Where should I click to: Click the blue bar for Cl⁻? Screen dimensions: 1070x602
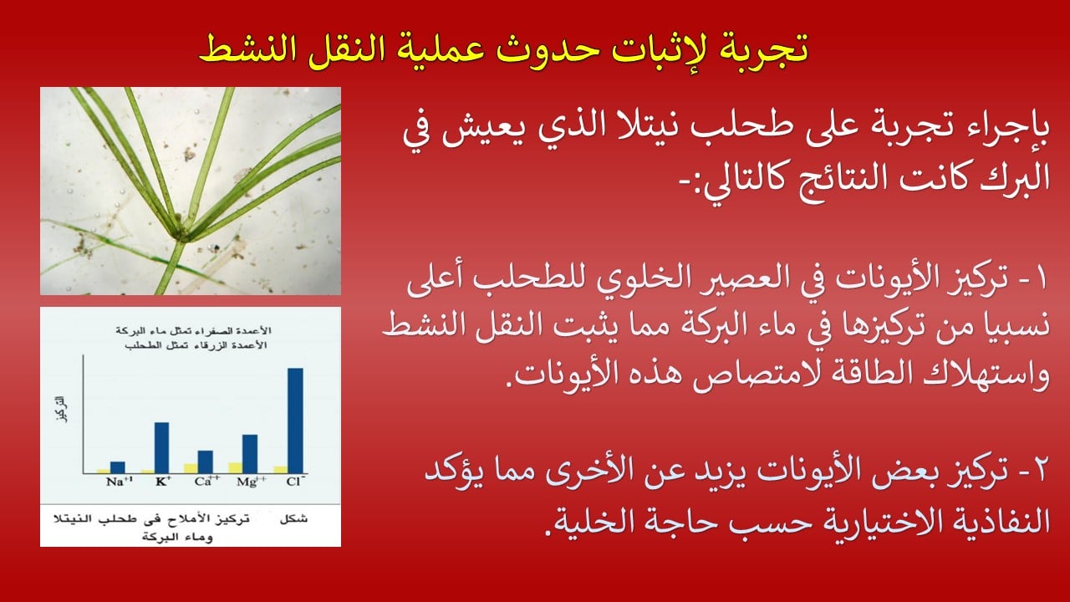[295, 421]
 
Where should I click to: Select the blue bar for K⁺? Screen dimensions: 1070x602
[161, 447]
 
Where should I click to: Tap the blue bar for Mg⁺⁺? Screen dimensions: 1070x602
[250, 454]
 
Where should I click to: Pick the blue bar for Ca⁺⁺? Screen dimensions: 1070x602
[206, 462]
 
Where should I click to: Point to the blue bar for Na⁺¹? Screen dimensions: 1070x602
[118, 467]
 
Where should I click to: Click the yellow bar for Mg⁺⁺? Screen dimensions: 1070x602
[236, 467]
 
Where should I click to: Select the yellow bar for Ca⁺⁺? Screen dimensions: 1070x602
[191, 468]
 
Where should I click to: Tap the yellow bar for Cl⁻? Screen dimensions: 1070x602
[281, 470]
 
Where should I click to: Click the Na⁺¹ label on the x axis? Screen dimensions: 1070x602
[120, 481]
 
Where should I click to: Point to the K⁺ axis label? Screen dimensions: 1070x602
[163, 481]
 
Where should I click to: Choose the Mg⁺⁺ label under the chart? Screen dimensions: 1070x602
[252, 481]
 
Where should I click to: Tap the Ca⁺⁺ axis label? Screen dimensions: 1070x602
[207, 481]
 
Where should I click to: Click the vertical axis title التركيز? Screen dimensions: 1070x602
[61, 409]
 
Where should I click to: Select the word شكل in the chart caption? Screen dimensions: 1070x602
[293, 519]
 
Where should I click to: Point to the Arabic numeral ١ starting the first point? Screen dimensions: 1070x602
[1042, 279]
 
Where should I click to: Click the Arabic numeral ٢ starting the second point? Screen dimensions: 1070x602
[1039, 471]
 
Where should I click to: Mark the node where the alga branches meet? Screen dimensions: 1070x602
[183, 234]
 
